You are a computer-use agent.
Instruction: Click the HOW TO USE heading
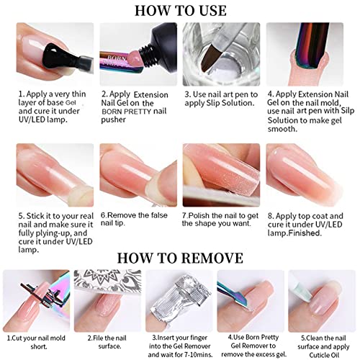[x=180, y=10]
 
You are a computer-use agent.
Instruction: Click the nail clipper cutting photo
[x=36, y=297]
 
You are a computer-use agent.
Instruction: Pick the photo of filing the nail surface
[x=108, y=297]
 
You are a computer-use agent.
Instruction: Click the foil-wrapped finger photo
[x=179, y=297]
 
